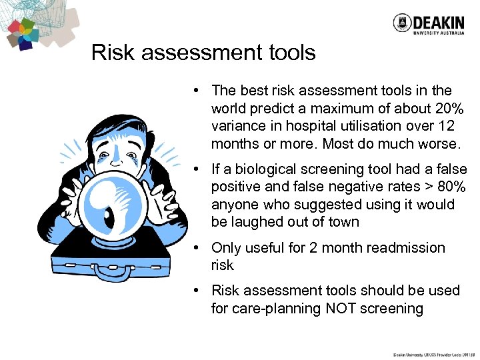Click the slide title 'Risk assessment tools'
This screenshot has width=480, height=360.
(203, 53)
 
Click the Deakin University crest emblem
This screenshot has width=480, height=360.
(402, 23)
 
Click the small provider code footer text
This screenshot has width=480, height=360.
(434, 355)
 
